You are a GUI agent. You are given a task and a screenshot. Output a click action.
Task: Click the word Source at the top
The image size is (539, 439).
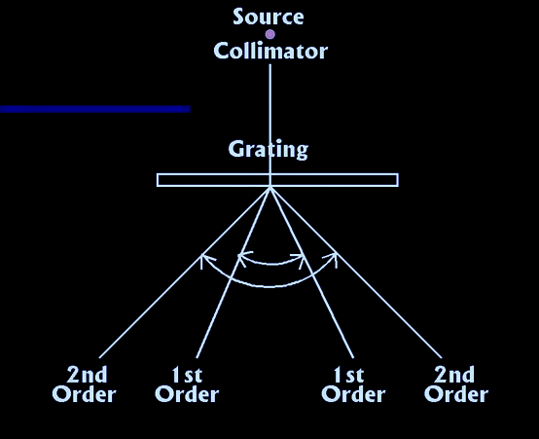click(x=269, y=17)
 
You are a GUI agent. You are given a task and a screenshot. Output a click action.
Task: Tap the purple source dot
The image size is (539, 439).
click(x=270, y=34)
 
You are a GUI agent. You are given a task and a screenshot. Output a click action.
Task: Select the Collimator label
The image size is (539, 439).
click(x=270, y=51)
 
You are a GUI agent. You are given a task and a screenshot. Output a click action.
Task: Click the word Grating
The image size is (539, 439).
click(x=269, y=150)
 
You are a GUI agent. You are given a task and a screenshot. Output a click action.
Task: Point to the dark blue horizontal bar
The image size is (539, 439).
click(x=95, y=109)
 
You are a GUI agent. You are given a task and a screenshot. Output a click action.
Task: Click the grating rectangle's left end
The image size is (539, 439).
click(x=158, y=180)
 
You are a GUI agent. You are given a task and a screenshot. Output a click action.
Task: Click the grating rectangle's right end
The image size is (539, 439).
click(x=398, y=180)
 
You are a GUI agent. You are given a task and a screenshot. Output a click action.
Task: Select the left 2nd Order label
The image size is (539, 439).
click(x=85, y=384)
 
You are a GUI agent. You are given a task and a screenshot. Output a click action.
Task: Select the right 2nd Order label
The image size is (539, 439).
click(x=456, y=384)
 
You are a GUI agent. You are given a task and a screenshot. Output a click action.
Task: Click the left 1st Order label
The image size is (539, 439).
click(x=187, y=384)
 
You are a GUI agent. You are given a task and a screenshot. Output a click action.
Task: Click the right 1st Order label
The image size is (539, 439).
click(x=353, y=384)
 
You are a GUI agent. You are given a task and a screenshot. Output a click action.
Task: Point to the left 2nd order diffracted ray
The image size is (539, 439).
click(x=184, y=273)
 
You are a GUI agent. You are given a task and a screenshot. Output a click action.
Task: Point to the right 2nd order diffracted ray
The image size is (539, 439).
click(x=356, y=273)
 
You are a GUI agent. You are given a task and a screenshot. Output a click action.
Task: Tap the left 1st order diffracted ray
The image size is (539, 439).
click(x=234, y=273)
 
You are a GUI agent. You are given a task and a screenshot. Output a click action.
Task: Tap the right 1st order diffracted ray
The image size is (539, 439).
click(x=311, y=273)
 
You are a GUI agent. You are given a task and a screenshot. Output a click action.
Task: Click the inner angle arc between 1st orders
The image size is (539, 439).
click(x=271, y=264)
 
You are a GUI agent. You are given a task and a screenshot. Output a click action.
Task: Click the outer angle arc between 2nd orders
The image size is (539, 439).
click(x=269, y=286)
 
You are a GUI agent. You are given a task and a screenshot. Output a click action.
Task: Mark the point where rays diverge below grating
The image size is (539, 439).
click(x=270, y=187)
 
